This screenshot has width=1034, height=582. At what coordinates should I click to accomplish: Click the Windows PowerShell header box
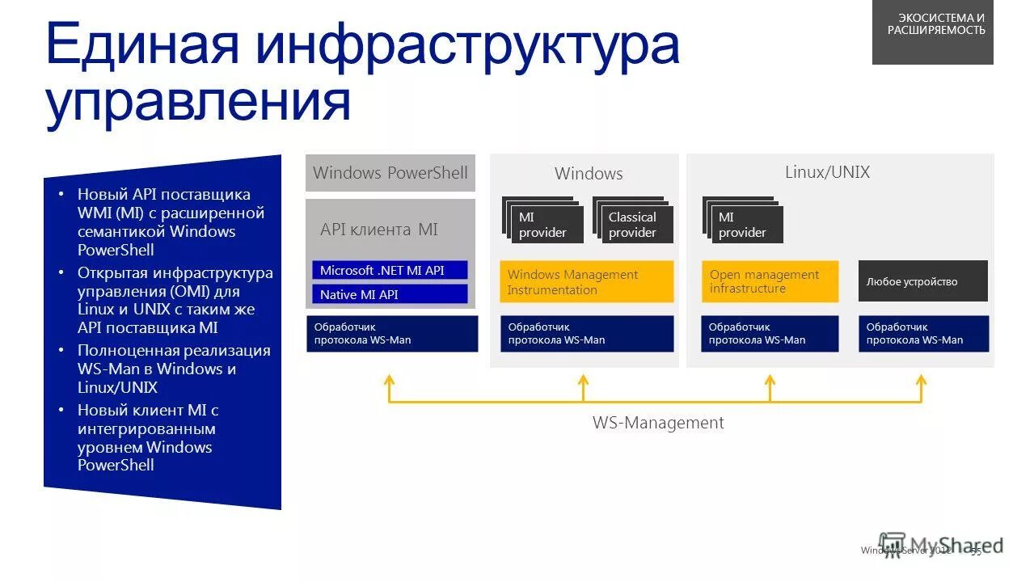390,173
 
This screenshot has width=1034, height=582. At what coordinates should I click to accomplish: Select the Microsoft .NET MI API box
390,270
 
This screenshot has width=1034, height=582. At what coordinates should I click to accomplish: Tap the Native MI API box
390,294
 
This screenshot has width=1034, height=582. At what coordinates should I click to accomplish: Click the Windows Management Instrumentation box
586,282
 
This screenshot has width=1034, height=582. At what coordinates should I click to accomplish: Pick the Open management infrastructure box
770,281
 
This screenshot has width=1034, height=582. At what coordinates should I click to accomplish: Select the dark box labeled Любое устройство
922,281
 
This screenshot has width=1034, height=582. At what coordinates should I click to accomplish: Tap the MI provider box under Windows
546,225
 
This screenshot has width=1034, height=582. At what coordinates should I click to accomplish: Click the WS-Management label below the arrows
658,423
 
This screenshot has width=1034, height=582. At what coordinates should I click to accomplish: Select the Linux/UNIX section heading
827,172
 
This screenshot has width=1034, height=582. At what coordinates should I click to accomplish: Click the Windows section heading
589,174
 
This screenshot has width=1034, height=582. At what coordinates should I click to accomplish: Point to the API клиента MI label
378,230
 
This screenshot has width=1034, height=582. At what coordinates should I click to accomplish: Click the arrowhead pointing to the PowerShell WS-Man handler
389,378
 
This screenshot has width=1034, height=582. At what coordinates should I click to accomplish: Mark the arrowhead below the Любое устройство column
920,378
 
